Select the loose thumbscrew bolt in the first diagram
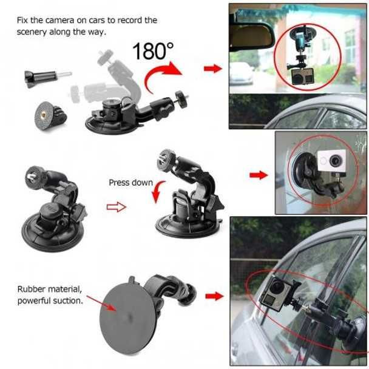[x=47, y=78]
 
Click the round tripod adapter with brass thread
[x=50, y=115]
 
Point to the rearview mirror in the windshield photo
[x=252, y=35]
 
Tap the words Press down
[x=131, y=183]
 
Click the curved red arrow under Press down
[x=157, y=191]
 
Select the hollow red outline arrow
[x=117, y=207]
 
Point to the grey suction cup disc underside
[x=129, y=316]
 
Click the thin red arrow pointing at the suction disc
[x=102, y=303]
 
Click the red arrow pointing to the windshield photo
[x=213, y=69]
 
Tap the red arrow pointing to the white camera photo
[x=259, y=175]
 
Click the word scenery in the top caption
[x=32, y=32]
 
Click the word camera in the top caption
[x=59, y=21]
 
